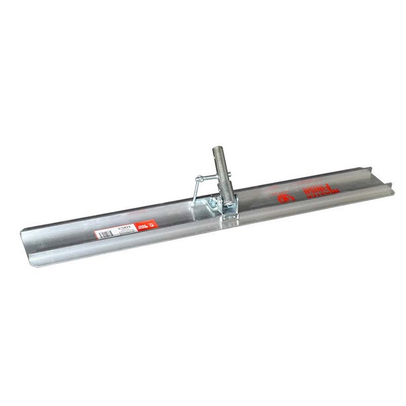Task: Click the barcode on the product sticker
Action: coord(106,234)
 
